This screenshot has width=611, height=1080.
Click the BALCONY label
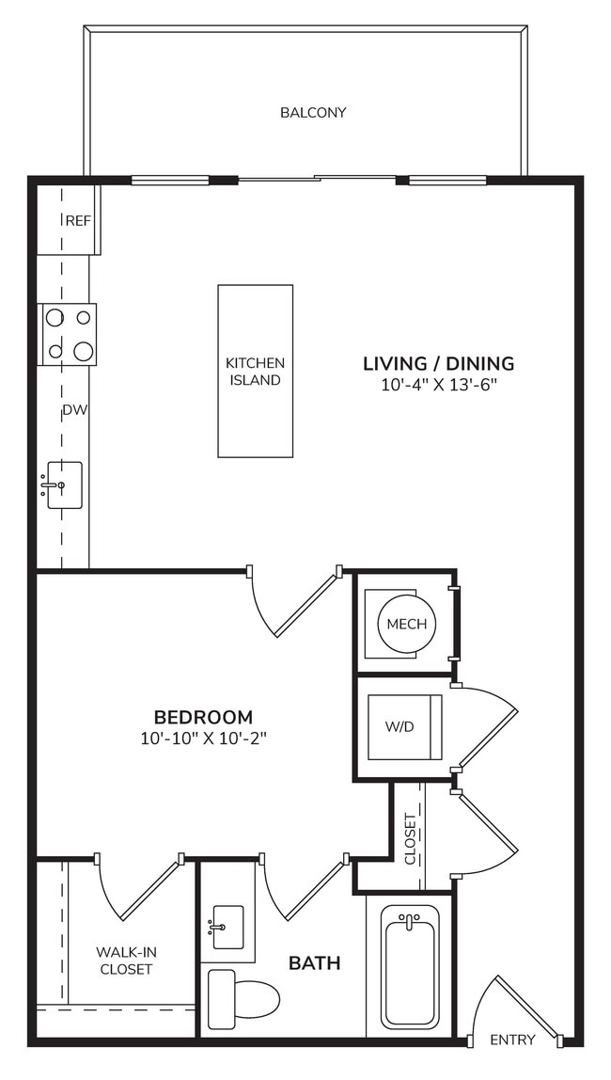coord(313,113)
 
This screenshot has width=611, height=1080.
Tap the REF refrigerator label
coord(78,221)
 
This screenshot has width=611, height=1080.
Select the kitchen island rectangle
coord(255,371)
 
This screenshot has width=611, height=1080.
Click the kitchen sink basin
coord(65,484)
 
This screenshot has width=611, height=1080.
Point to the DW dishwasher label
coord(74,410)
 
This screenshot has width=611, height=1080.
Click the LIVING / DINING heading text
coord(438,363)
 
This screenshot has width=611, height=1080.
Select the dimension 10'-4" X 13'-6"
coord(438,385)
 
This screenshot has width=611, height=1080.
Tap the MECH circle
coord(406,624)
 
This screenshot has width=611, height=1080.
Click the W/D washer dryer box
coord(404,727)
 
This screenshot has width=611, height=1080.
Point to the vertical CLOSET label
coord(410,838)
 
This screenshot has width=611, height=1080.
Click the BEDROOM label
coord(204,717)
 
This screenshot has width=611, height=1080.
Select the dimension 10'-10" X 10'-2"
coord(204,739)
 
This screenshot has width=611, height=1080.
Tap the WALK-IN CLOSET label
coord(125,961)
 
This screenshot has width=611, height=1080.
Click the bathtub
coord(410,964)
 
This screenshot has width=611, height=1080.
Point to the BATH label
coord(314,963)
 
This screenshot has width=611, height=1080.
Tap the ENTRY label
coord(512,1040)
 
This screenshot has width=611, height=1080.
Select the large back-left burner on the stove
coord(55,318)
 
